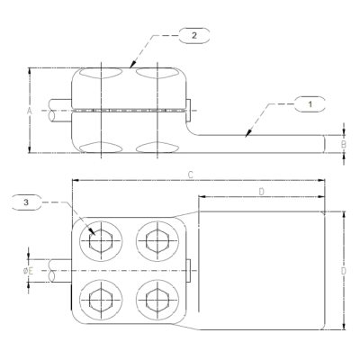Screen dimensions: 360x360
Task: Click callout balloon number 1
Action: [310, 105]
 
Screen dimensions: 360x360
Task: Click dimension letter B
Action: [342, 143]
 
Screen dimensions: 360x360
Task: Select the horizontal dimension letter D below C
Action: [261, 192]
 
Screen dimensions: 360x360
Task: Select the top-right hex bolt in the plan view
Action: [153, 240]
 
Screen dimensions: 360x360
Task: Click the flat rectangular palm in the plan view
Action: [261, 269]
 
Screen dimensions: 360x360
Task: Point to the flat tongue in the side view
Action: [261, 143]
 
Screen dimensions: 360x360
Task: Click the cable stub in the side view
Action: [56, 112]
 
